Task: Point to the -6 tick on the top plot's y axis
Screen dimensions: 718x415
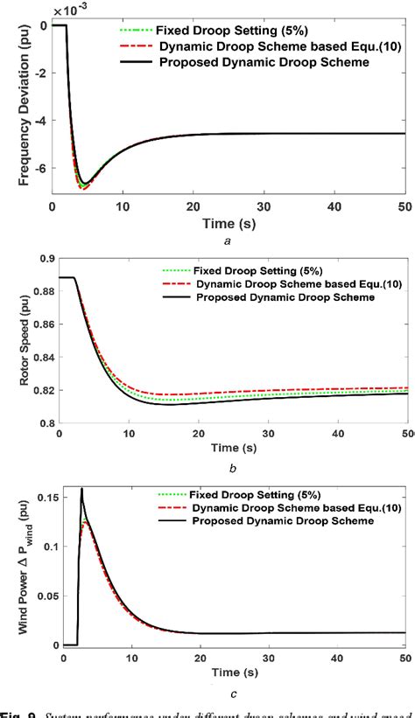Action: click(44, 165)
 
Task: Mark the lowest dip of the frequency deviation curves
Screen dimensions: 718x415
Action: click(83, 186)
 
